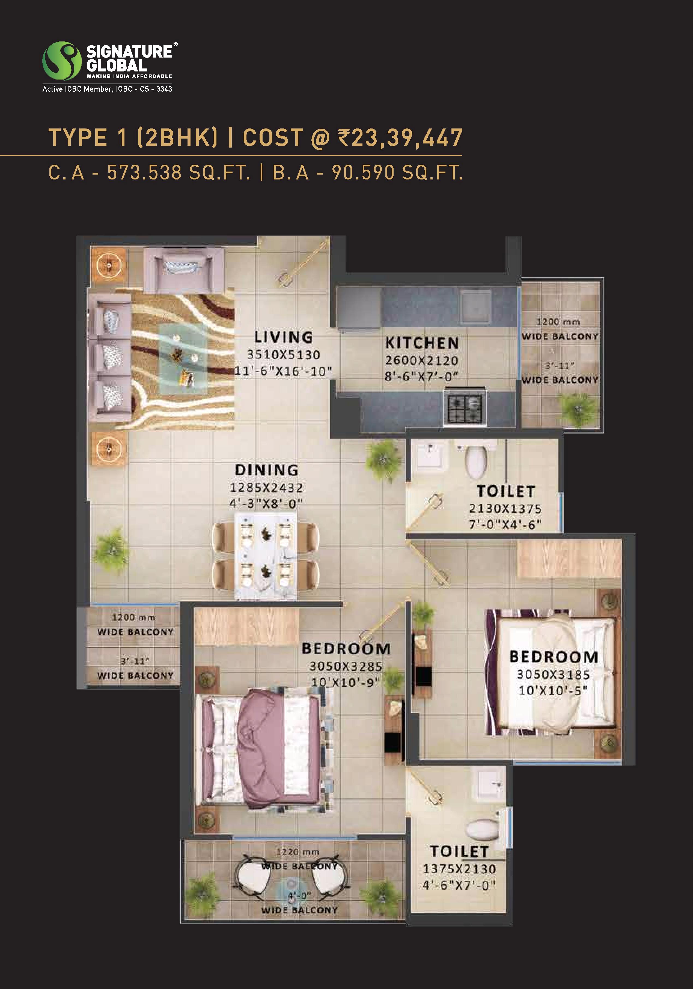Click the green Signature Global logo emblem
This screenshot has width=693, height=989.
click(62, 61)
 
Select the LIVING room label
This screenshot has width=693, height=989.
click(283, 337)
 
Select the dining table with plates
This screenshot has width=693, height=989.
click(266, 556)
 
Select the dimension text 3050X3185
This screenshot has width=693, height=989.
click(553, 675)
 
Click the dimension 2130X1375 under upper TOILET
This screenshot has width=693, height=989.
click(505, 508)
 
